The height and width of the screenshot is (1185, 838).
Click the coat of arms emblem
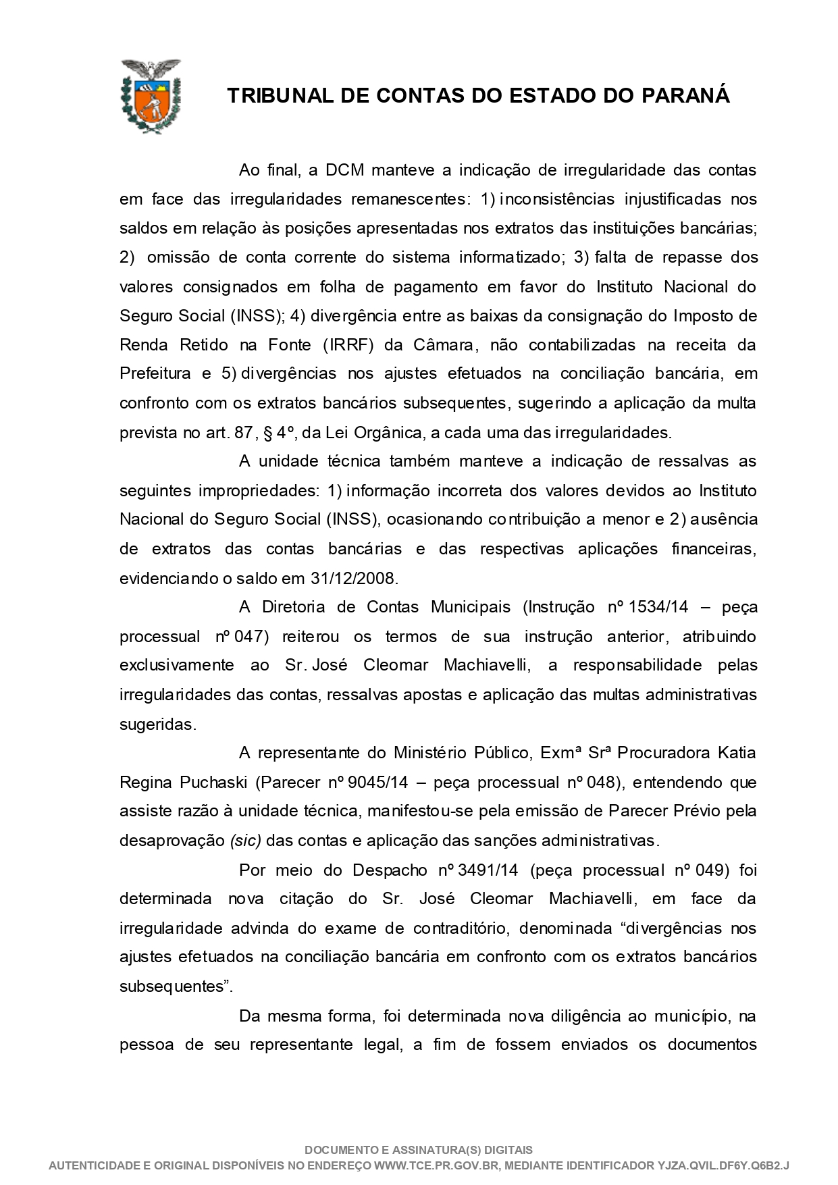click(x=151, y=96)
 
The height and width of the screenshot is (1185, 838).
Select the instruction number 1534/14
click(x=658, y=607)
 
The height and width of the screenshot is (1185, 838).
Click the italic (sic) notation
click(x=245, y=841)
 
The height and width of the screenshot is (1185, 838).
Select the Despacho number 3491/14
click(x=488, y=870)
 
